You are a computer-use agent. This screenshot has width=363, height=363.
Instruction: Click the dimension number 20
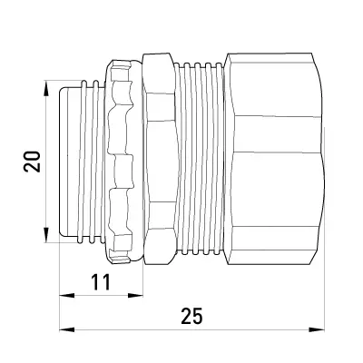click(32, 162)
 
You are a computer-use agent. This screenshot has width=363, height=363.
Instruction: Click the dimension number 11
click(101, 282)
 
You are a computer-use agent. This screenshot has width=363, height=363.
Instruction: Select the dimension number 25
click(191, 316)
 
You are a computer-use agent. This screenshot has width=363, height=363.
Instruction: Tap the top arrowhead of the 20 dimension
click(45, 89)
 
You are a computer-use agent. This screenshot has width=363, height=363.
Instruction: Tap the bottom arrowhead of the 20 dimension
click(45, 235)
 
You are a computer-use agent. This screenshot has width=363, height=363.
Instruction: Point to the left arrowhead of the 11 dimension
click(67, 295)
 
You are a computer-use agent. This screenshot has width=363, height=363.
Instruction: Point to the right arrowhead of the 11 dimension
click(135, 295)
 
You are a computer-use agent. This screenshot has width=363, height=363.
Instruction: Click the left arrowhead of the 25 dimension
click(67, 329)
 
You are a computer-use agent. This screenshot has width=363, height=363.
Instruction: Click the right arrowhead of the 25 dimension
click(317, 329)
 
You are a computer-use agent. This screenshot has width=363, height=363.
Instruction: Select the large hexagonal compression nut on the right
click(274, 159)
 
